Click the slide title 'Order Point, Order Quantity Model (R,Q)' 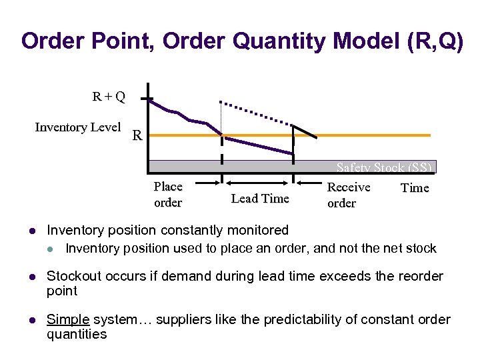pos(241,41)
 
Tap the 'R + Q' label pos(109,97)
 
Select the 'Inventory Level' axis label pos(77,127)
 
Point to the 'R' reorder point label pos(137,137)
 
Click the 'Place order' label pos(168,194)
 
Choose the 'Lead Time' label pos(259,198)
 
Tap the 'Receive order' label pos(348,195)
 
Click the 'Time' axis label pos(415,188)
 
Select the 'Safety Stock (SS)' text pos(384,168)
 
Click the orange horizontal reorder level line pos(373,135)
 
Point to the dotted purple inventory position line pos(257,114)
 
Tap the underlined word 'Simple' pos(67,320)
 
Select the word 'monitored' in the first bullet pos(257,231)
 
